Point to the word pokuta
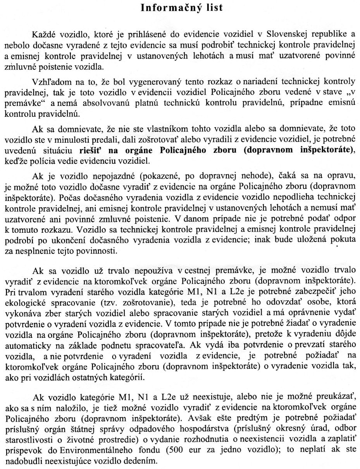coord(341,240)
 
